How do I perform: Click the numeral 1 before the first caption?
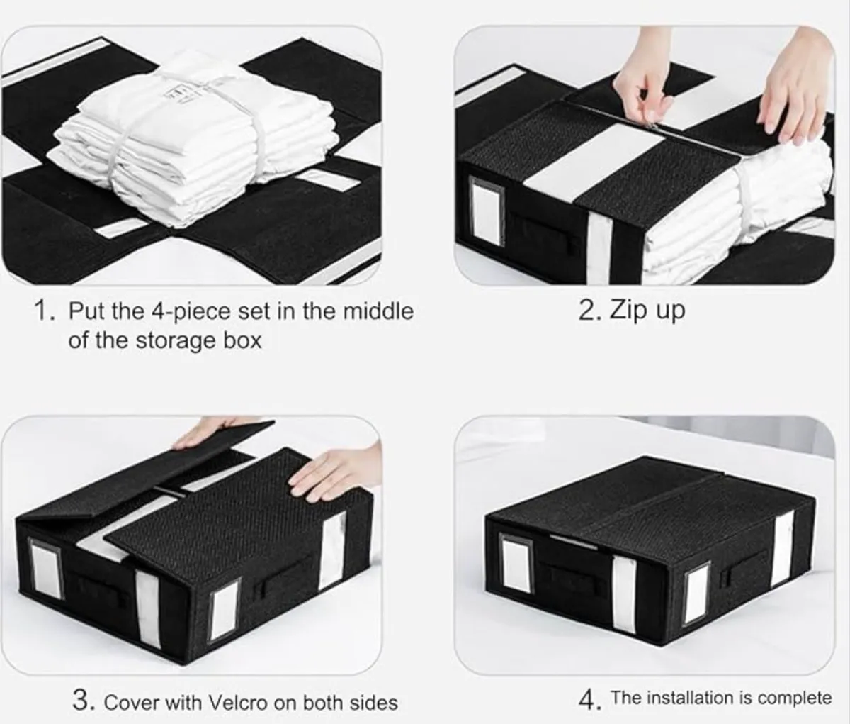[44, 311]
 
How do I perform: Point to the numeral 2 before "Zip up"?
[587, 311]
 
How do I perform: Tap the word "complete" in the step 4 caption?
[794, 698]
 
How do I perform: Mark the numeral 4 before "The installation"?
[588, 701]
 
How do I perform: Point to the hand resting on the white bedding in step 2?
[793, 92]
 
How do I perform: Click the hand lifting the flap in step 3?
[212, 433]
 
